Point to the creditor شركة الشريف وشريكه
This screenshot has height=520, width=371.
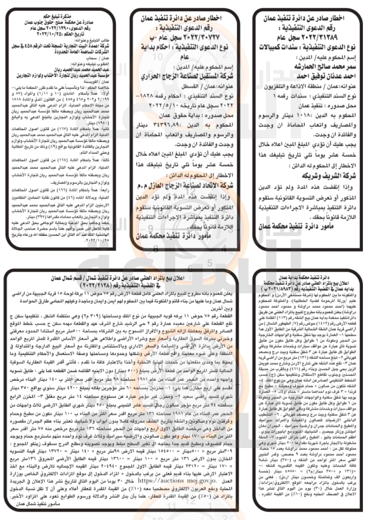(330, 176)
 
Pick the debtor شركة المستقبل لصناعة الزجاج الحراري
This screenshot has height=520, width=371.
(182, 76)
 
